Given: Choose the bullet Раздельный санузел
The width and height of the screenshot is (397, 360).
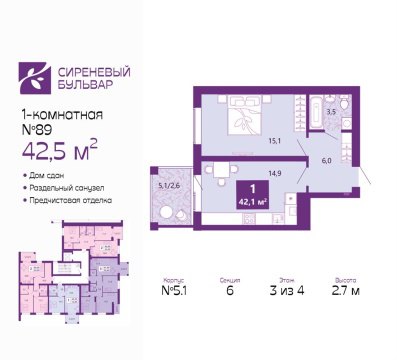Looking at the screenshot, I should click(x=70, y=189).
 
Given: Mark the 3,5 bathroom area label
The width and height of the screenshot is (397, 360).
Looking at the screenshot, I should click(x=330, y=112).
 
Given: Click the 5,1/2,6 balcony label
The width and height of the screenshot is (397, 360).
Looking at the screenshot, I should click(x=168, y=184).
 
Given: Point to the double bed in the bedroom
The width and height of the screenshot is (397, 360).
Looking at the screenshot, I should click(x=244, y=123).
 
